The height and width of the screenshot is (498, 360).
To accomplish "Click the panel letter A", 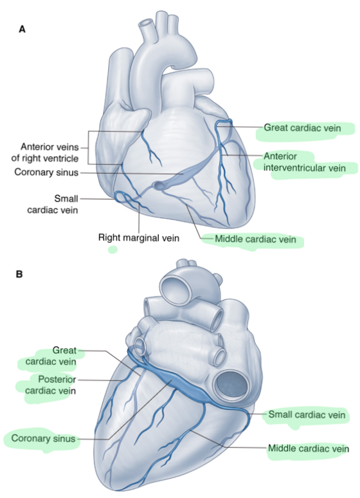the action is point(22,29).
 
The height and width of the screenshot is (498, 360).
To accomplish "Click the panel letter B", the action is point(19,274).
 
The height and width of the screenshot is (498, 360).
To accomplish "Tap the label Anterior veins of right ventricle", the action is point(45,152).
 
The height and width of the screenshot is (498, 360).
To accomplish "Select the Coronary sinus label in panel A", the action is point(46,172).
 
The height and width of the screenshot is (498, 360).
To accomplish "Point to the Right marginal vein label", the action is point(139,237).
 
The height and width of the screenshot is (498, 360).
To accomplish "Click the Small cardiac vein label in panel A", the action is point(53,204).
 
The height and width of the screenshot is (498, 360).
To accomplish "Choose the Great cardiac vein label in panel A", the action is point(302,127).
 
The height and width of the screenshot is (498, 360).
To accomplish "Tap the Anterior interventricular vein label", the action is point(305,162).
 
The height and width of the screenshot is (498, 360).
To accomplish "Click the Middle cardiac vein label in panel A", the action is point(256,239).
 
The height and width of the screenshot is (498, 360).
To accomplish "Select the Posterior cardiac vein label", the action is point(51,385).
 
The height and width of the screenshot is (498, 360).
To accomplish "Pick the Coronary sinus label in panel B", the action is point(43,438).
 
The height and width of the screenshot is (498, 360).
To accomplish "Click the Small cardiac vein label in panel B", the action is point(307,414).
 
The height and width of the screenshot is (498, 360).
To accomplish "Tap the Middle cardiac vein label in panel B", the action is point(309,448).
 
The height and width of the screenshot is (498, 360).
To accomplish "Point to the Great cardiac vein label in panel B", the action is point(51,356).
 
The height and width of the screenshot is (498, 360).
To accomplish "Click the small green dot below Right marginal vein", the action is point(113,250).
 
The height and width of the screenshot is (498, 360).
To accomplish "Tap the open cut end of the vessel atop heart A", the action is point(147,23).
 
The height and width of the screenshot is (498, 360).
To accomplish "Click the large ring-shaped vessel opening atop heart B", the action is point(175,288).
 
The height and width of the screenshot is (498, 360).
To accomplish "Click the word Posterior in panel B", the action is point(53,379).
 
